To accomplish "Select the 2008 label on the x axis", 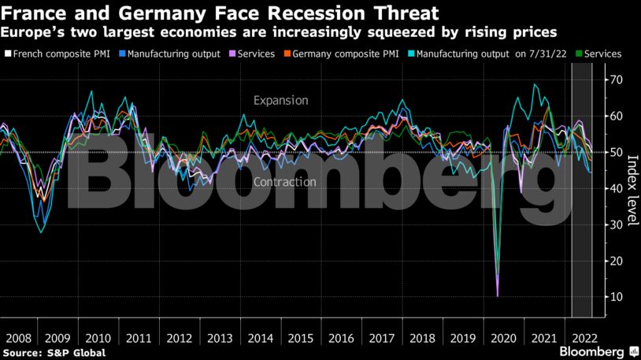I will click(18, 337).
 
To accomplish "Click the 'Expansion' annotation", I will click(280, 101).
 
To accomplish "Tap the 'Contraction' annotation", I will click(285, 182).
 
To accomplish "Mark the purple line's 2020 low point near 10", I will click(498, 295).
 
